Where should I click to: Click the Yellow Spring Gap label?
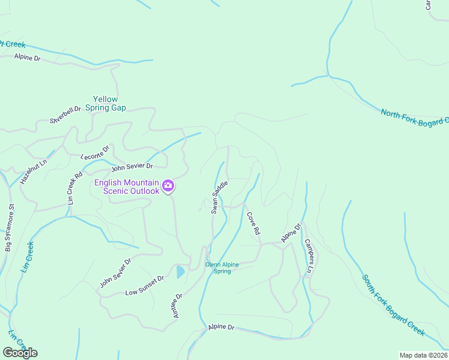pyautogui.click(x=106, y=103)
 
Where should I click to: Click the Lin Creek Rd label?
pyautogui.click(x=75, y=189)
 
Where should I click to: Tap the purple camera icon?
pyautogui.click(x=169, y=186)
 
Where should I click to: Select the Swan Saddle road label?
pyautogui.click(x=219, y=196)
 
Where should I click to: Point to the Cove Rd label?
pyautogui.click(x=253, y=223)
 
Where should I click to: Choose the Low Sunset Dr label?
pyautogui.click(x=145, y=286)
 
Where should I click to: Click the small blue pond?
pyautogui.click(x=181, y=272)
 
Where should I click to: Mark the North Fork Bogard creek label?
pyautogui.click(x=414, y=118)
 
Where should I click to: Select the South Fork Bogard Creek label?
pyautogui.click(x=393, y=305)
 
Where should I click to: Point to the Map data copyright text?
pyautogui.click(x=423, y=355)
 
